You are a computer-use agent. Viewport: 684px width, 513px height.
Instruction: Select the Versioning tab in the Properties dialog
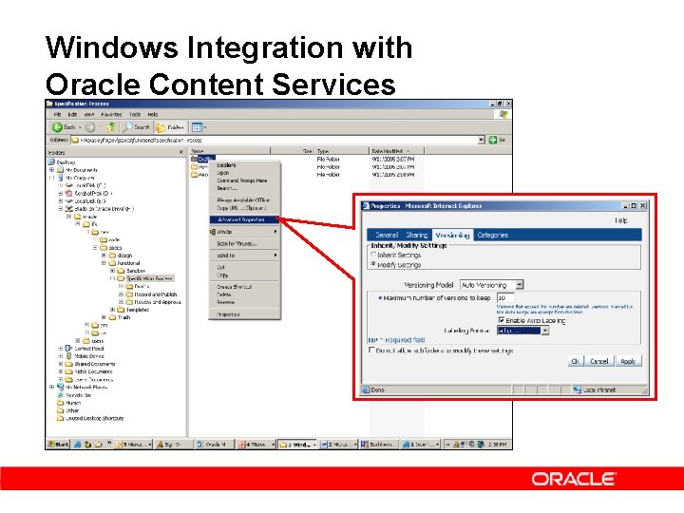click(452, 235)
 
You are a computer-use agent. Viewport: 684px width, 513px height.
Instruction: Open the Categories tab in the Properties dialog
click(492, 235)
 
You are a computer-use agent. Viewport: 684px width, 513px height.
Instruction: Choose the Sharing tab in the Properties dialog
click(417, 235)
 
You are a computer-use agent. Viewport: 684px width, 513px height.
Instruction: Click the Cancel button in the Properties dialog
click(599, 361)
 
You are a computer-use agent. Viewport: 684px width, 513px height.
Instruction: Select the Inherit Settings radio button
click(373, 255)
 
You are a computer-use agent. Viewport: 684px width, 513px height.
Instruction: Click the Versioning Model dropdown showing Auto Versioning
click(491, 285)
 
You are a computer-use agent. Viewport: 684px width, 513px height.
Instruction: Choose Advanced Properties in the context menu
click(240, 219)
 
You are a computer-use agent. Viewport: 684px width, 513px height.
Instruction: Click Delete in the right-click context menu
click(224, 294)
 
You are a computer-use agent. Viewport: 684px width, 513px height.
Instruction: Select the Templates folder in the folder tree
click(138, 310)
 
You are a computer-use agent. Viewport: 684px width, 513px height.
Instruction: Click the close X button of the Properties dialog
click(642, 205)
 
